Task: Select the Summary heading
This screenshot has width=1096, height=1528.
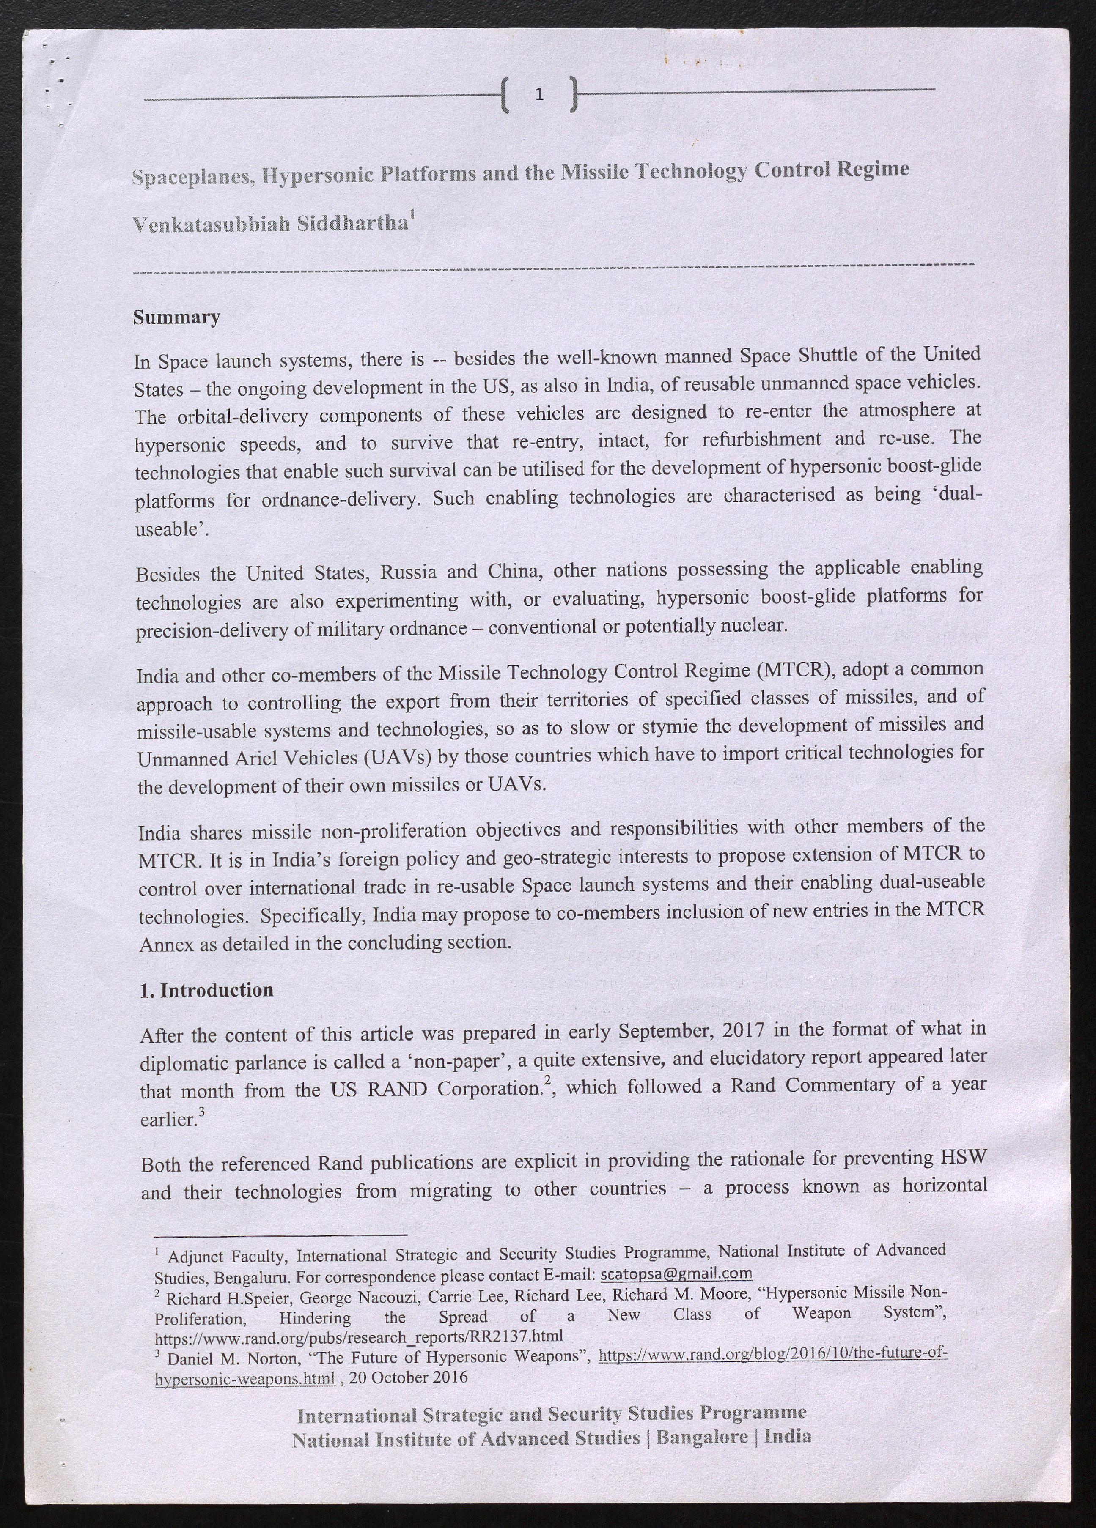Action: pyautogui.click(x=176, y=318)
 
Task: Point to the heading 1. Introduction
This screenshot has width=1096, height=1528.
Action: pyautogui.click(x=206, y=990)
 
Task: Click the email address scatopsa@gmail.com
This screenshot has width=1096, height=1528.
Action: pyautogui.click(x=676, y=1273)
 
